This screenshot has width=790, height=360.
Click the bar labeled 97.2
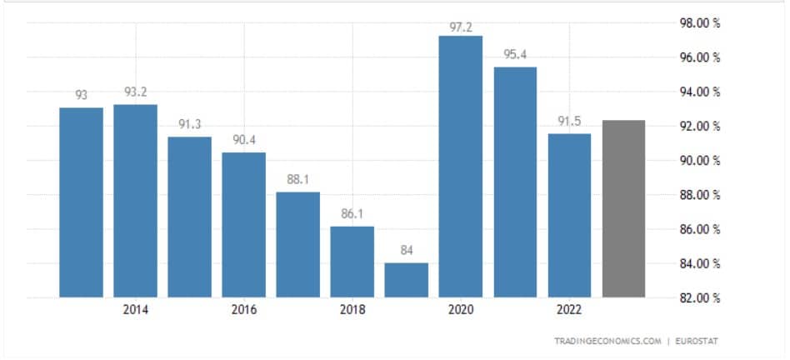[461, 167]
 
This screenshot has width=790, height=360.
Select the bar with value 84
[407, 280]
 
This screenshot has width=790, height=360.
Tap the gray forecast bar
[623, 208]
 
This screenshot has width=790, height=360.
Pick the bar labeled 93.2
[136, 200]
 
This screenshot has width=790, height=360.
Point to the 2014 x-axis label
[136, 310]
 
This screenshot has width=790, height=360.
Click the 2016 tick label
[244, 310]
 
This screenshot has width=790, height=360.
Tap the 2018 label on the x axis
[352, 310]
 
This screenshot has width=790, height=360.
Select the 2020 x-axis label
[461, 310]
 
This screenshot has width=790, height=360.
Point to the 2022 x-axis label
[569, 310]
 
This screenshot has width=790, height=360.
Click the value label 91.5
[569, 121]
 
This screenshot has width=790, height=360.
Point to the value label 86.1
[352, 213]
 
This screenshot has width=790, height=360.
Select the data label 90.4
[244, 139]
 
